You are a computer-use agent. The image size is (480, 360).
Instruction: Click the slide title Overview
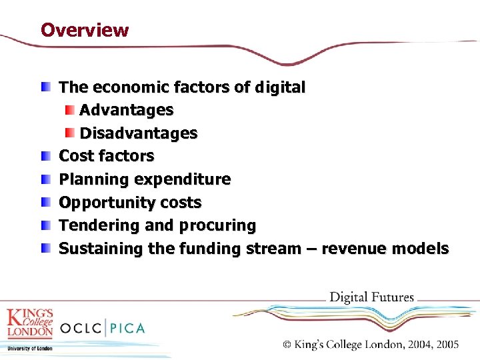pyautogui.click(x=85, y=30)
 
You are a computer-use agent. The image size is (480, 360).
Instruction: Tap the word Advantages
pyautogui.click(x=127, y=110)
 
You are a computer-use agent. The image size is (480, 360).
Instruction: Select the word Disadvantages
pyautogui.click(x=139, y=133)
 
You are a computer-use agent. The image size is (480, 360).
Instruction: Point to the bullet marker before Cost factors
pyautogui.click(x=45, y=156)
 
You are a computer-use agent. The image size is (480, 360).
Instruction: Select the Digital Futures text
pyautogui.click(x=372, y=297)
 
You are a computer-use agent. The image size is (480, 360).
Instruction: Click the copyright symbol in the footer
pyautogui.click(x=287, y=345)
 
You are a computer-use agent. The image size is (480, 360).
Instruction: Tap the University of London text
pyautogui.click(x=30, y=347)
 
